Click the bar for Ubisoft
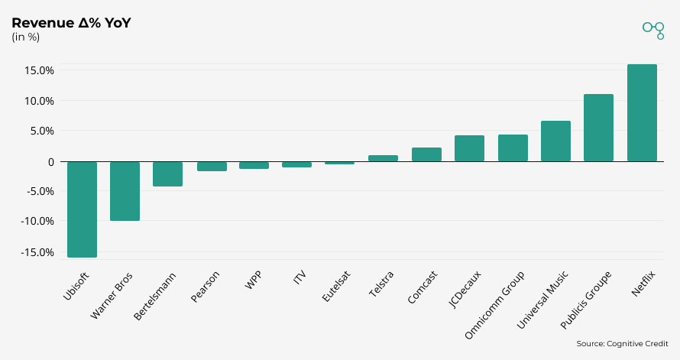(x=82, y=209)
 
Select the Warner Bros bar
(x=125, y=190)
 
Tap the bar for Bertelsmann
(x=168, y=174)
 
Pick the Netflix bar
(x=642, y=113)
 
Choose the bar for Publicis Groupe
(x=598, y=128)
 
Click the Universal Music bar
(x=555, y=141)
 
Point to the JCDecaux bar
(x=469, y=148)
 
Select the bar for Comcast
(x=426, y=154)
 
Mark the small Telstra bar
(x=383, y=158)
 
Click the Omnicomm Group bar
(x=513, y=148)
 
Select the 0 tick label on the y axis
(x=50, y=161)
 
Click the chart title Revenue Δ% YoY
(x=71, y=23)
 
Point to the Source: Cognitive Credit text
(x=622, y=344)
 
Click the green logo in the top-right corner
(x=653, y=30)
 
